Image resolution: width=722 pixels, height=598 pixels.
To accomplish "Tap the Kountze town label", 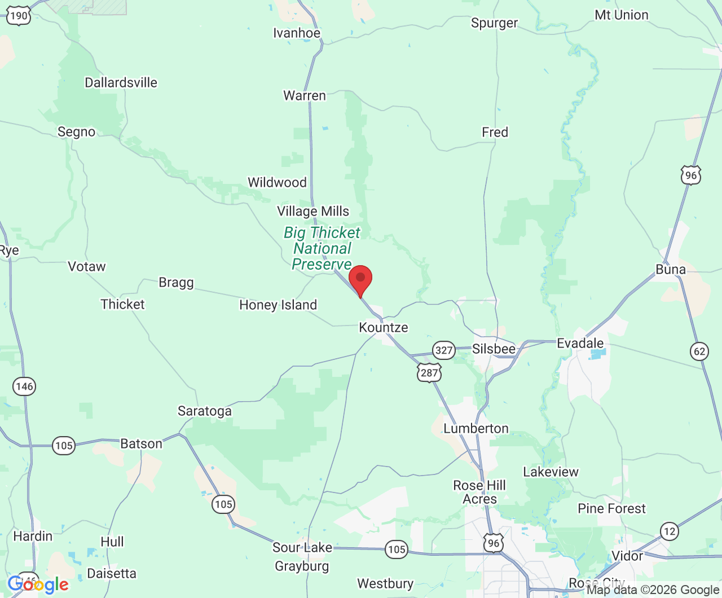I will tap(384, 327).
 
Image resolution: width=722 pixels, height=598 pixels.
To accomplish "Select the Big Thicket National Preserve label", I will tap(322, 248).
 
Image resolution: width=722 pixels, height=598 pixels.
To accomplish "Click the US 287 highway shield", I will tap(429, 372).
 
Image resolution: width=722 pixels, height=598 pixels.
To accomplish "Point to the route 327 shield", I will tap(444, 350).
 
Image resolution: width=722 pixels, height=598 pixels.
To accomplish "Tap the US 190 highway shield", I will tap(19, 16).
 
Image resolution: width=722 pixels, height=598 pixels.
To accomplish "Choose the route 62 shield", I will tap(699, 351).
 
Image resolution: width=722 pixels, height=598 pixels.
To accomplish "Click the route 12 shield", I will tap(669, 531).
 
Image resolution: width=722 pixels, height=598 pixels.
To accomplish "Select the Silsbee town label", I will tap(494, 349).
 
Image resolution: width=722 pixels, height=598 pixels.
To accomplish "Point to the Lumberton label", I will tap(476, 428).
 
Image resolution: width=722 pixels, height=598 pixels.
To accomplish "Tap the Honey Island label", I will tap(278, 305).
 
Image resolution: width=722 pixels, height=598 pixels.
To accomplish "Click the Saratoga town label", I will tap(205, 411).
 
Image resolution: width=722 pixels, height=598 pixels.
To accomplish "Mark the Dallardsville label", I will tap(121, 82).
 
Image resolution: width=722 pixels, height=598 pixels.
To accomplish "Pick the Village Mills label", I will tap(313, 211).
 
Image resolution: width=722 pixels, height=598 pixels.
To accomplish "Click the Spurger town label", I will tap(494, 23).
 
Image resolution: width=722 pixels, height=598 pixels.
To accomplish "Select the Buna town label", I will tap(671, 269).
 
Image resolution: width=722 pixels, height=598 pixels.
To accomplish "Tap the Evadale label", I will tap(580, 343).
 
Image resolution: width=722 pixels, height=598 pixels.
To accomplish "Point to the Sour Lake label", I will tap(302, 547).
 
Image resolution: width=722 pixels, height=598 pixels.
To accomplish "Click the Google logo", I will tap(38, 584).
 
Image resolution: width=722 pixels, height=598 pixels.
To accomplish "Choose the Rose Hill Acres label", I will tap(479, 492).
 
